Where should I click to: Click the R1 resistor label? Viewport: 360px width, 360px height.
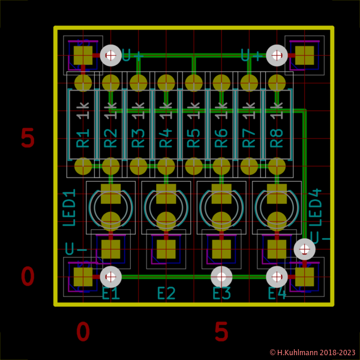(83, 138)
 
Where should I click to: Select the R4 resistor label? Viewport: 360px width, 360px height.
(166, 138)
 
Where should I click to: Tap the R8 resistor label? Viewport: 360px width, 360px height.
(277, 138)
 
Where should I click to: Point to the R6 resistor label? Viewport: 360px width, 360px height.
(221, 138)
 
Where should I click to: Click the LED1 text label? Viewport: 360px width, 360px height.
(70, 208)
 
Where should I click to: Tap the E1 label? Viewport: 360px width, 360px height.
(111, 294)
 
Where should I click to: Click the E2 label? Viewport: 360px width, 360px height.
(166, 294)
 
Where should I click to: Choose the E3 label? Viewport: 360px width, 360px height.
(221, 294)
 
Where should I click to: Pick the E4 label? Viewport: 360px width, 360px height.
(277, 294)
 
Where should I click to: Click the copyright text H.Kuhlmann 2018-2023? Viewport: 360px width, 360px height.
(312, 353)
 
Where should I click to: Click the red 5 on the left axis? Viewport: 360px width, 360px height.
(28, 139)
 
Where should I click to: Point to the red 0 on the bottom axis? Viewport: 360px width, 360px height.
(83, 332)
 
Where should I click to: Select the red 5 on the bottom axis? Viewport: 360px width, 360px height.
(221, 332)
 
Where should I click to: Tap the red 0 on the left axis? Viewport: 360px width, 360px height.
(28, 277)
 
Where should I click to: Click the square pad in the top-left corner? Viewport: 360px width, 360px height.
(83, 55)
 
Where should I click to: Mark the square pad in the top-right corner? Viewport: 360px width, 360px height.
(304, 55)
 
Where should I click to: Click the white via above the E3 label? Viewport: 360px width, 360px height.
(221, 277)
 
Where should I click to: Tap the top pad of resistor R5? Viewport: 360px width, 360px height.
(194, 82)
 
